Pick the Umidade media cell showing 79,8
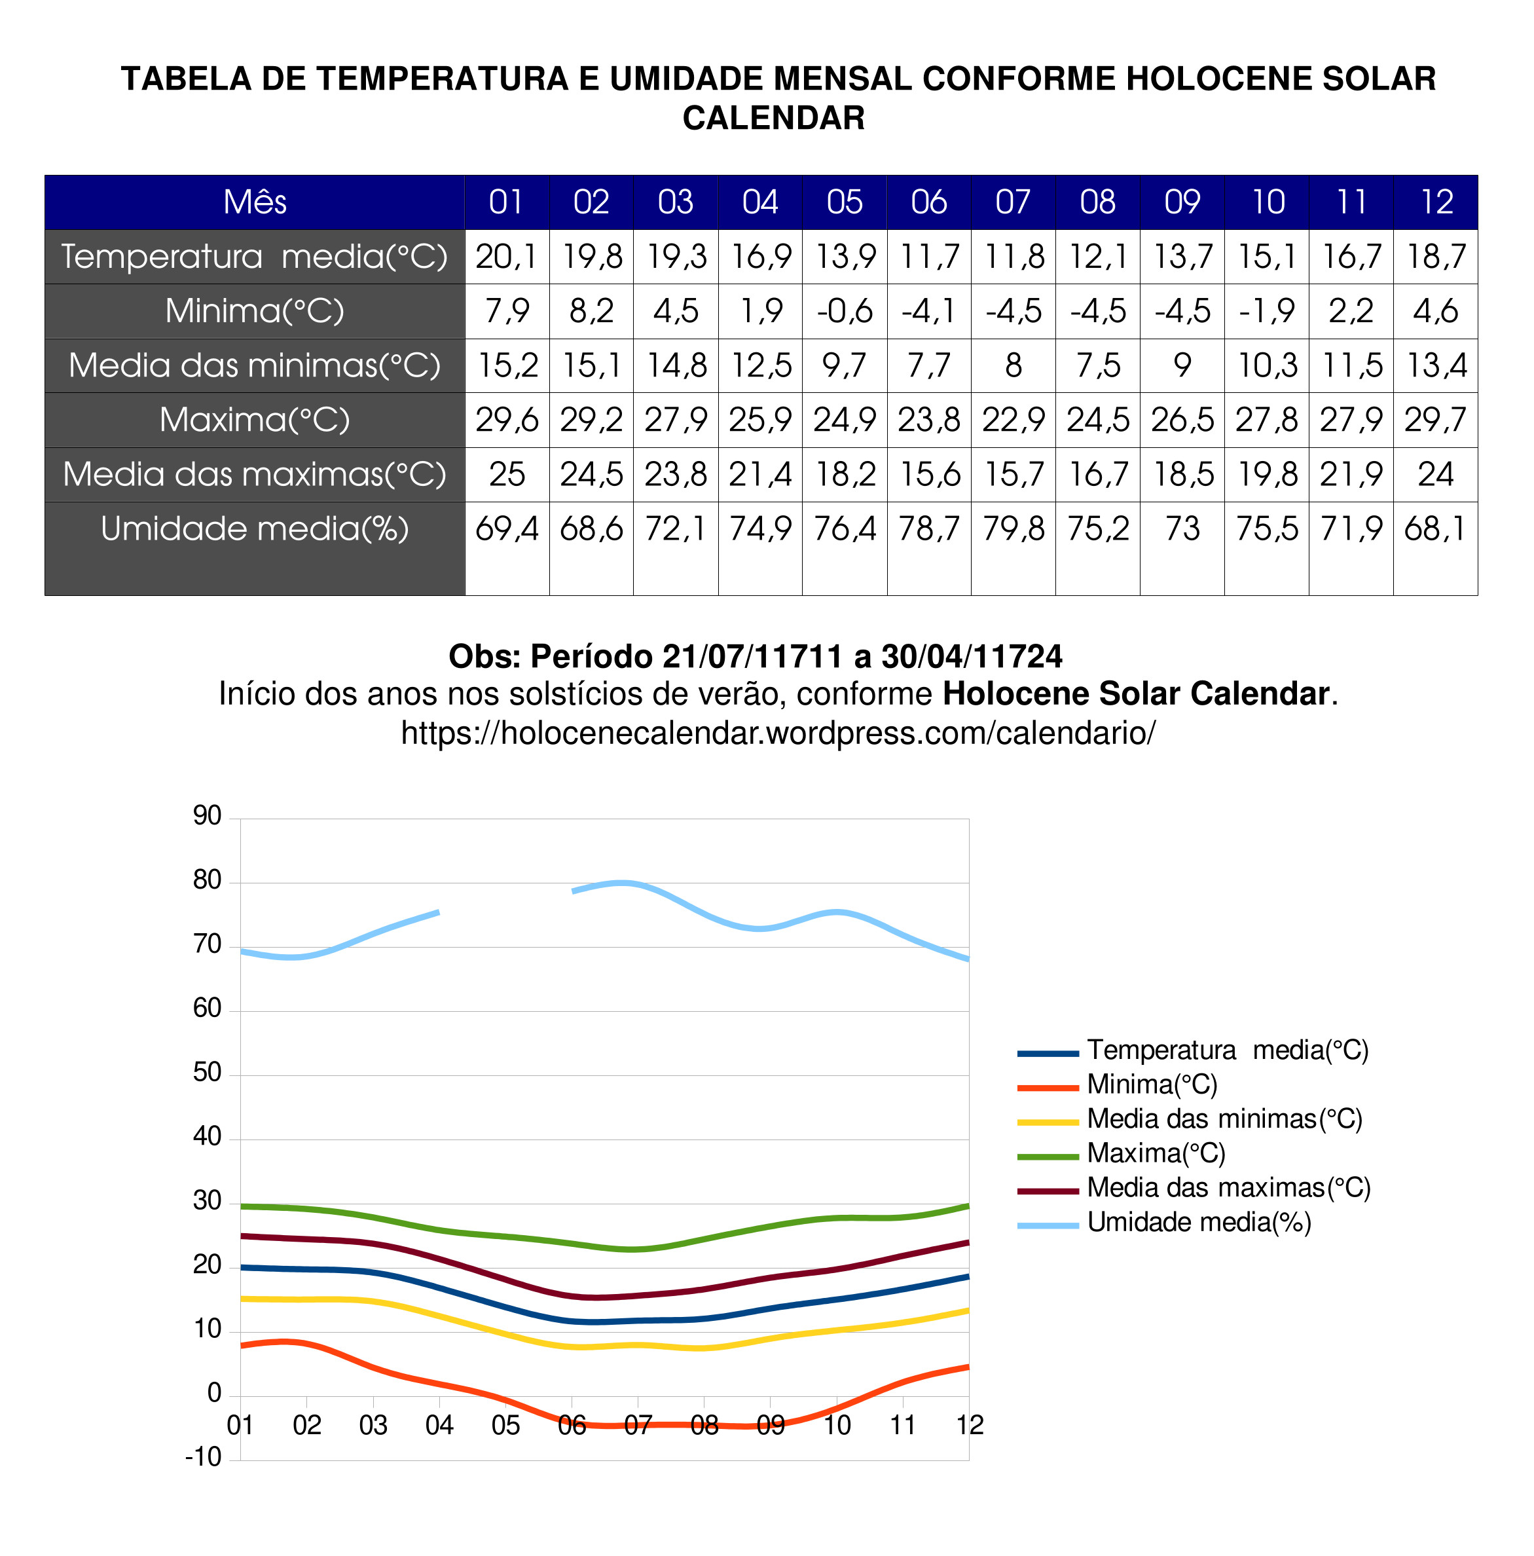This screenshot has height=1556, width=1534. point(1012,529)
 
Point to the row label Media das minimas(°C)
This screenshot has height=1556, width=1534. point(255,365)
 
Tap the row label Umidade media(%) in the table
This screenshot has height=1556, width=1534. point(255,529)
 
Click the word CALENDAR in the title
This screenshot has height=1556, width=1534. point(773,119)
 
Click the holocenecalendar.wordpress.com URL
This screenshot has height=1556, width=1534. point(777,733)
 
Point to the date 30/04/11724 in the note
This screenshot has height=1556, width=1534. point(971,656)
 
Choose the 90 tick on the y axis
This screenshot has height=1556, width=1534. point(207,816)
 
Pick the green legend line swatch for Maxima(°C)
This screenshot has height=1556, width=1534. point(1047,1157)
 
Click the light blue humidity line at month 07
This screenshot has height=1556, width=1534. point(637,884)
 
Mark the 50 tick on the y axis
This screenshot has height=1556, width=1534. point(207,1073)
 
